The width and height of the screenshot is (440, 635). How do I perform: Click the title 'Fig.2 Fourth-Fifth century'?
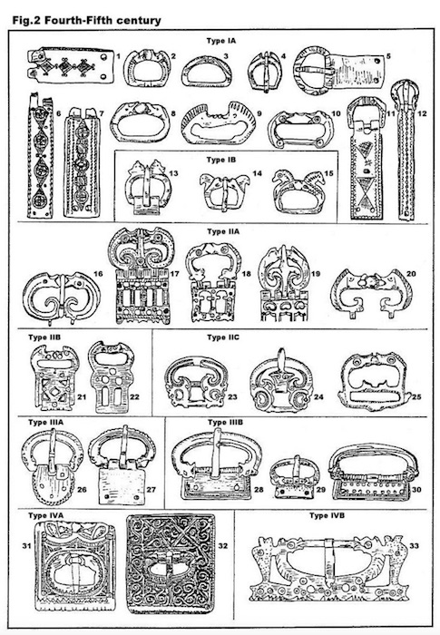click(x=86, y=20)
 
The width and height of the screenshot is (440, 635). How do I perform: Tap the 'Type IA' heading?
click(x=220, y=41)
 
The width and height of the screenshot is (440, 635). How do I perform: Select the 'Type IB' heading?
click(x=220, y=160)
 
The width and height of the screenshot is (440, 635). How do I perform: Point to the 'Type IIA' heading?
click(x=223, y=231)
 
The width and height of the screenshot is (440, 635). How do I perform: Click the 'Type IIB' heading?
click(x=44, y=337)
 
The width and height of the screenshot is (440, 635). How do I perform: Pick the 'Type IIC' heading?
click(x=223, y=337)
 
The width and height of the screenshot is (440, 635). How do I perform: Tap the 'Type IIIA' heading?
click(x=45, y=423)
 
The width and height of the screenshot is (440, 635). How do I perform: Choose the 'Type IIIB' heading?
click(x=226, y=423)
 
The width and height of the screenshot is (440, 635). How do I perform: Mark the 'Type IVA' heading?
click(x=45, y=515)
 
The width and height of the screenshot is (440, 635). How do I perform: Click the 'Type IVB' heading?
click(x=327, y=515)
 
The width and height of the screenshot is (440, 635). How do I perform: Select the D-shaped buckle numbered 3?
click(x=207, y=71)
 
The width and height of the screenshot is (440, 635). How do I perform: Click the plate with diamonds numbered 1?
click(x=71, y=65)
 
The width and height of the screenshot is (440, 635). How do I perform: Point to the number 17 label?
click(x=174, y=274)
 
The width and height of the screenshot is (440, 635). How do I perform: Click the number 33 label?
click(x=414, y=546)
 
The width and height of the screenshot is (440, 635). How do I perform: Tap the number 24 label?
click(x=318, y=397)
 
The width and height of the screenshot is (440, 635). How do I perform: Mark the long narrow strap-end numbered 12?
click(x=405, y=151)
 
